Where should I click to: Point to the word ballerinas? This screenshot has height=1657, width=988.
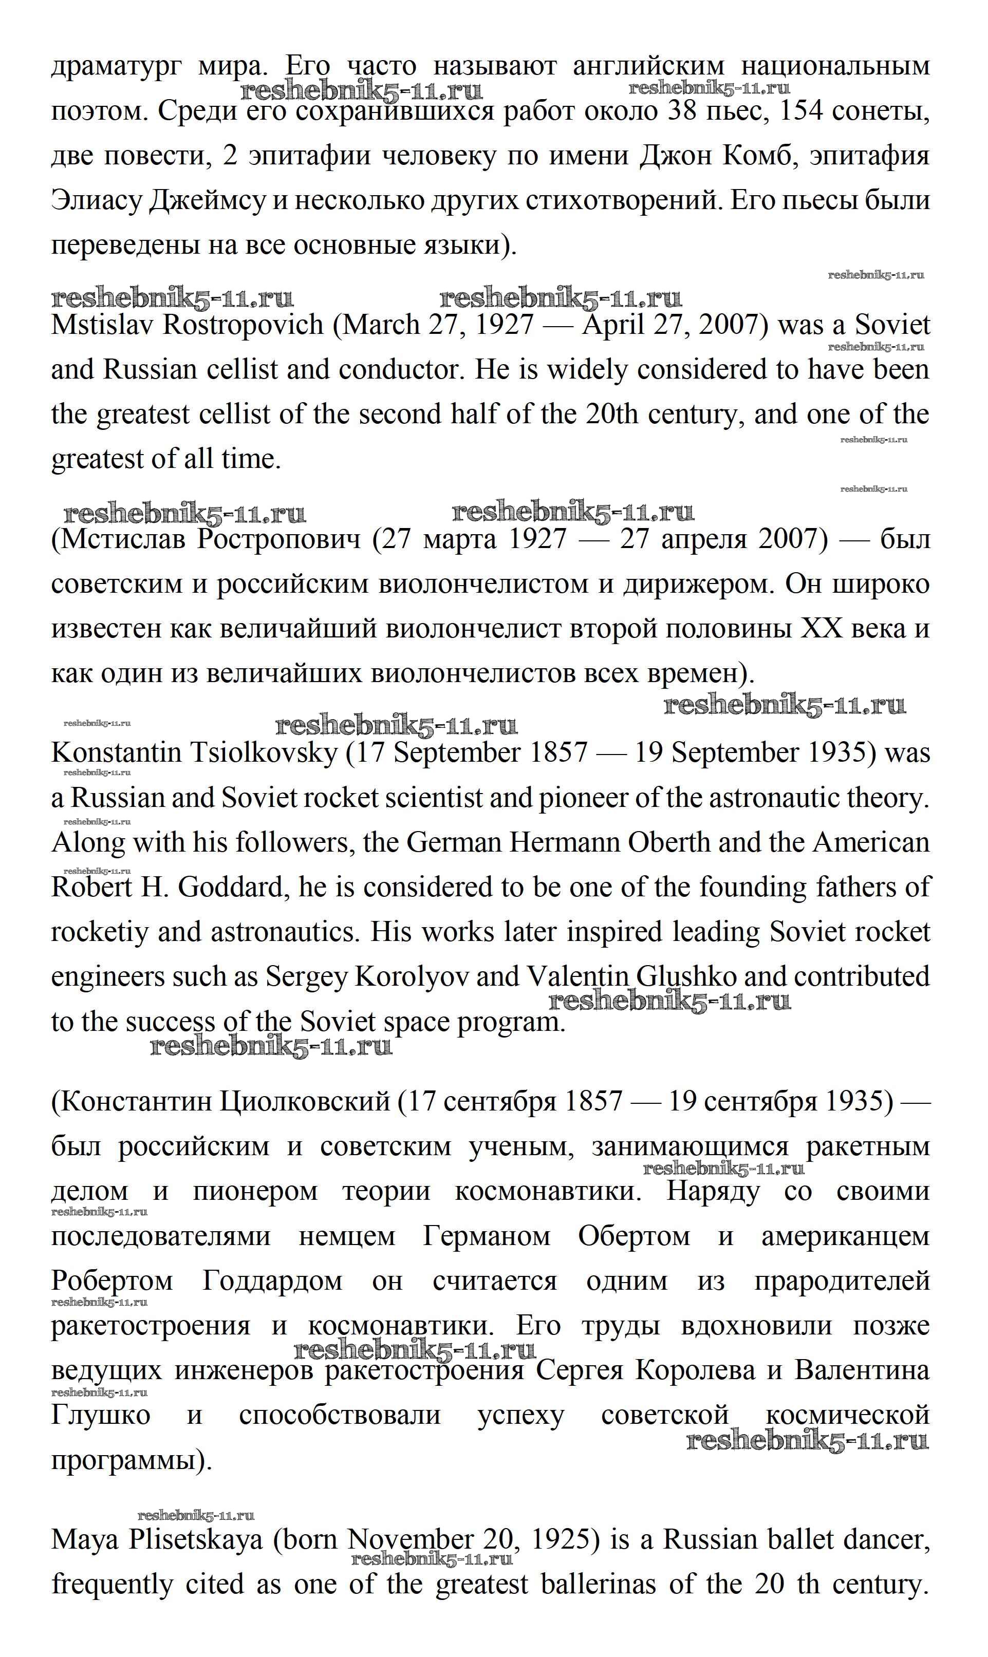599,1586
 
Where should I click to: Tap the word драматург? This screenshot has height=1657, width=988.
115,67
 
